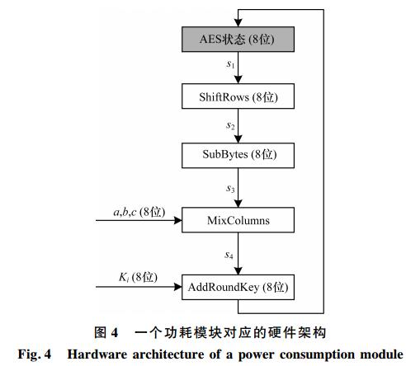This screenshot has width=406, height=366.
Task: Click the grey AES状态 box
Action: [238, 40]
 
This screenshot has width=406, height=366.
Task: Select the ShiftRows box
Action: [238, 96]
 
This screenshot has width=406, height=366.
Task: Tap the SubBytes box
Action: [238, 155]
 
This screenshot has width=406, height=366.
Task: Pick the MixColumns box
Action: [238, 220]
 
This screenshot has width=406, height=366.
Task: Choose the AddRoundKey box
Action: [238, 287]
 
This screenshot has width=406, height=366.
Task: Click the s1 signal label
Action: [230, 64]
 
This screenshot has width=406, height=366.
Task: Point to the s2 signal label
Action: [230, 125]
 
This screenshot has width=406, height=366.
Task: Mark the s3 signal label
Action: [230, 189]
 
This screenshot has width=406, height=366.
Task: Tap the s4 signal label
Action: [229, 256]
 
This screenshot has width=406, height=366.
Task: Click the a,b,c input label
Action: [139, 212]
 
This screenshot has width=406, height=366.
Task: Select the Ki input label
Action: [138, 277]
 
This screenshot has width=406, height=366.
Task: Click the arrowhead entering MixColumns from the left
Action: [178, 220]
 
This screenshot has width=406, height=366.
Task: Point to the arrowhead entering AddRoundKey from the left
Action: [178, 287]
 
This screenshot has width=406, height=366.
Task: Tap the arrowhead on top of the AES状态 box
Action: [238, 23]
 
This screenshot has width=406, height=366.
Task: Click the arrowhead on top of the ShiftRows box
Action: [238, 80]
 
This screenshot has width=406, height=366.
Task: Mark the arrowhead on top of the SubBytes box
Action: [238, 139]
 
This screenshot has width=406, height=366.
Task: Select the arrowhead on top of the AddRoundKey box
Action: [238, 270]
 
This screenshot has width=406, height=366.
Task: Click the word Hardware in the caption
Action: [97, 354]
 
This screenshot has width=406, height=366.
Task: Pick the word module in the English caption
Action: [382, 354]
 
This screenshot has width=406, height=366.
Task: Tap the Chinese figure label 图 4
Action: [106, 332]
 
